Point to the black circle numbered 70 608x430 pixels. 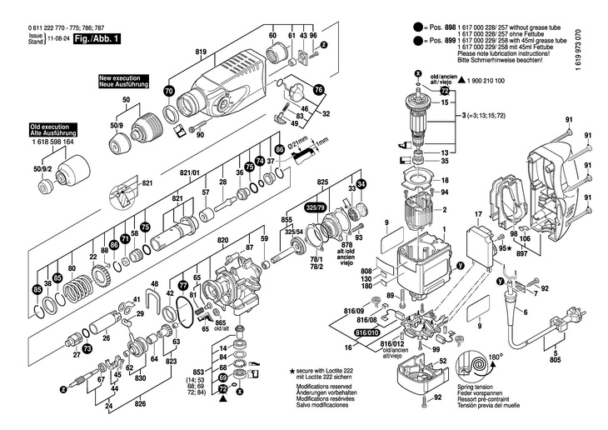coord(169,91)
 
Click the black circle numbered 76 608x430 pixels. coord(317,89)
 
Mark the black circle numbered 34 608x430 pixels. coord(361,184)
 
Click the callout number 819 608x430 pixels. coord(201,52)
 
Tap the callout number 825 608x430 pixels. coord(322,182)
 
